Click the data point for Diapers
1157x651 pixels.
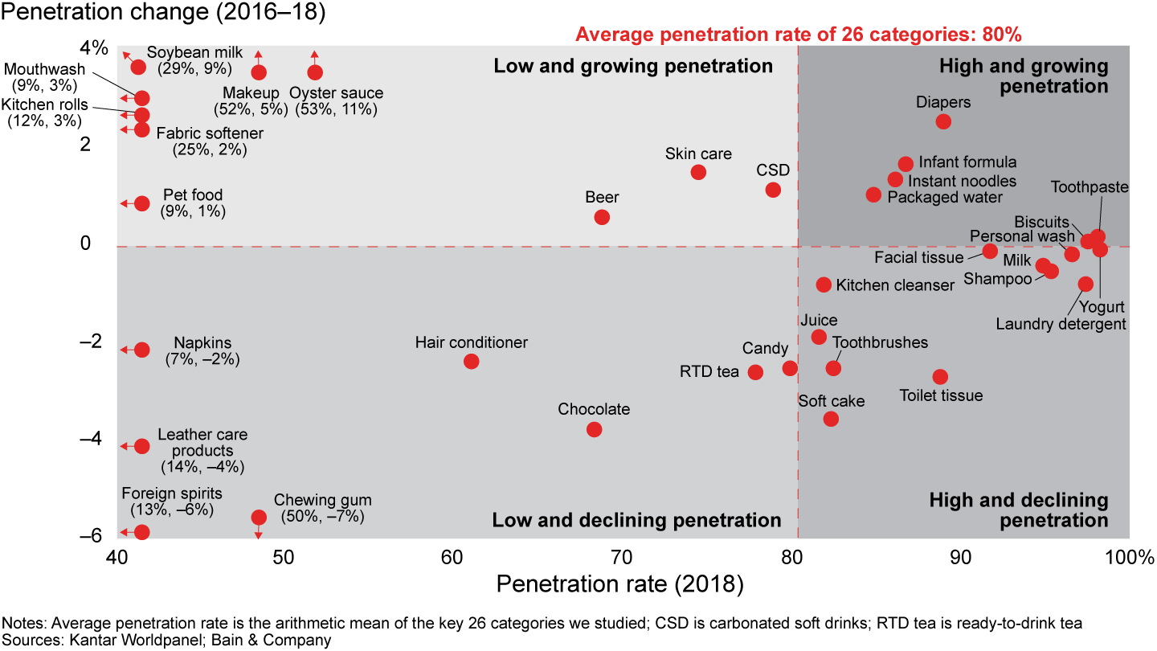(943, 121)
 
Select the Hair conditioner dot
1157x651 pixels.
(472, 361)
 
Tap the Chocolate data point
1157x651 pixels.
(595, 429)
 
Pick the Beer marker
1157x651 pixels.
(602, 217)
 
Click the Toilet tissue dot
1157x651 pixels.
(940, 377)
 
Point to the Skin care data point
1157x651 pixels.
(698, 172)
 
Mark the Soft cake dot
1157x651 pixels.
(831, 419)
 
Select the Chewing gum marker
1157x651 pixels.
(259, 517)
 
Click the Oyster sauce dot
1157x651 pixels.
(315, 72)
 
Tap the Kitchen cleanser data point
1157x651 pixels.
(824, 285)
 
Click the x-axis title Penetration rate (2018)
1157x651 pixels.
(619, 584)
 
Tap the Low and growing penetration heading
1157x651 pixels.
(633, 66)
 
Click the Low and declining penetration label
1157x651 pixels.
(636, 521)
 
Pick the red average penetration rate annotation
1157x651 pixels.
(799, 35)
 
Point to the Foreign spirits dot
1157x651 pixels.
(142, 532)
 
